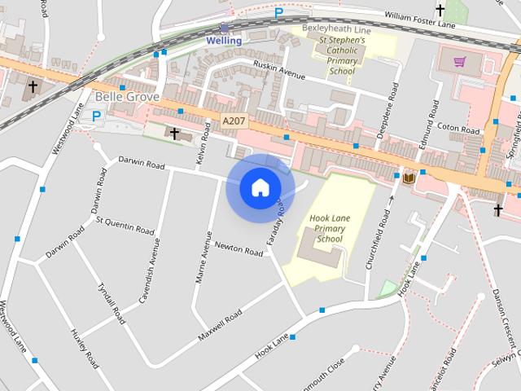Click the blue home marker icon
(x=260, y=187)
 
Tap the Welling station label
(x=223, y=40)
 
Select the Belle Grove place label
(x=120, y=97)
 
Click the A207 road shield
(x=234, y=121)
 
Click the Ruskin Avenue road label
(x=279, y=71)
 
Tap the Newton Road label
(x=239, y=248)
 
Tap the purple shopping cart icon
(x=460, y=61)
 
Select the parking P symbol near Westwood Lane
(x=96, y=116)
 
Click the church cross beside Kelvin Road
(x=173, y=132)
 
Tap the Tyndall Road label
(x=111, y=304)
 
